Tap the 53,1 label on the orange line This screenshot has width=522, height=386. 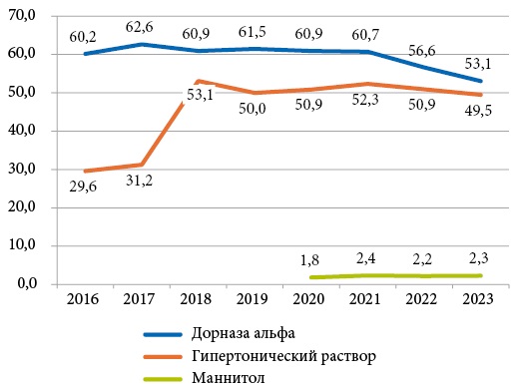click(x=202, y=96)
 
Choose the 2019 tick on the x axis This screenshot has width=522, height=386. click(x=256, y=298)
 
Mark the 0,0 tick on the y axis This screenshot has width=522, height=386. click(x=23, y=283)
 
